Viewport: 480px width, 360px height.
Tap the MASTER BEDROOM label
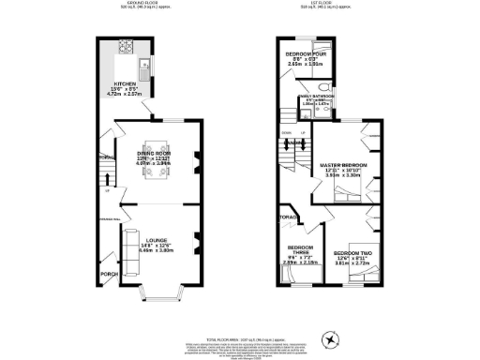point(344,165)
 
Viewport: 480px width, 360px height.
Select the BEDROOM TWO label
point(353,254)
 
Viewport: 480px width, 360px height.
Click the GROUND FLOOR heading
point(143,5)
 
